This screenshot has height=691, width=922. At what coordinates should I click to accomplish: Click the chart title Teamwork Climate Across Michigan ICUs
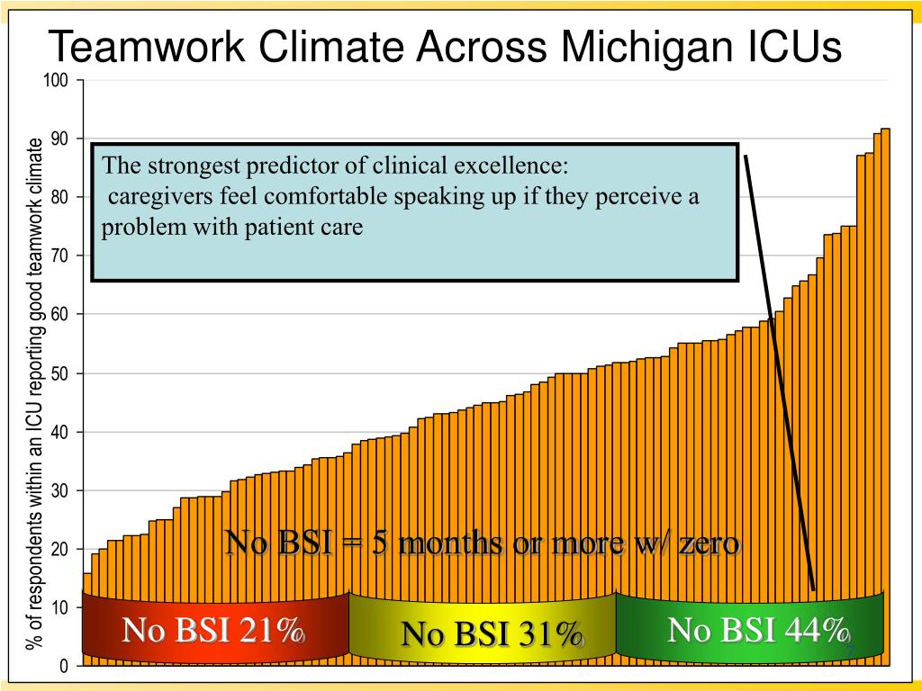click(x=444, y=47)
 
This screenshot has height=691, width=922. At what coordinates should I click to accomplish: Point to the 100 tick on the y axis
click(x=56, y=81)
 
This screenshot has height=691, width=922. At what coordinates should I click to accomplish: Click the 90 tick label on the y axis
click(x=59, y=139)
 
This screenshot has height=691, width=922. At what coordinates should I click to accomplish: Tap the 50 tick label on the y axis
click(x=59, y=373)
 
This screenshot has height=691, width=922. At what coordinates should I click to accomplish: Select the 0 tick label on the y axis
click(x=64, y=666)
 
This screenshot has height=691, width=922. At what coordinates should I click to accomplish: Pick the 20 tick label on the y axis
click(x=59, y=549)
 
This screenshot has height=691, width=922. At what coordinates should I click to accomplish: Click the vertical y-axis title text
click(x=34, y=393)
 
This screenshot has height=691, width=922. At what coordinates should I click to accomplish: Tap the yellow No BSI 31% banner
click(x=482, y=634)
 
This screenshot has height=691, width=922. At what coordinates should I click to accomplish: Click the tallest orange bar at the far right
click(x=885, y=360)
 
